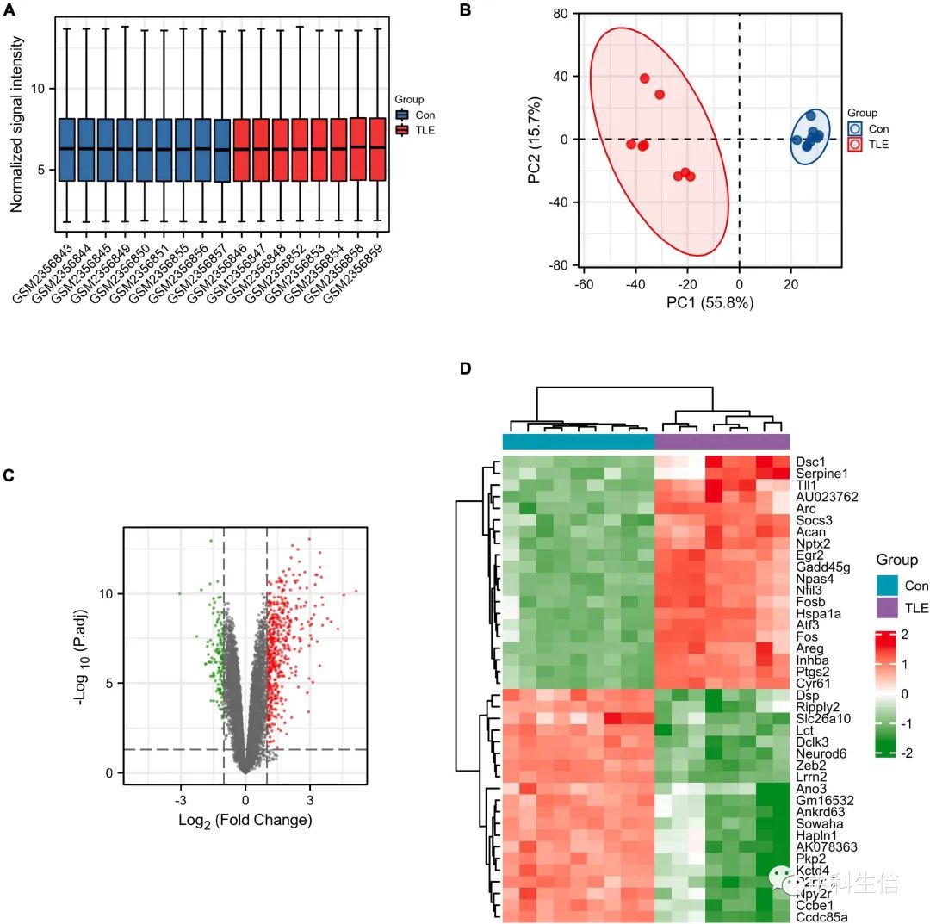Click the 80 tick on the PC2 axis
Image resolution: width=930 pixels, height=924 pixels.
561,14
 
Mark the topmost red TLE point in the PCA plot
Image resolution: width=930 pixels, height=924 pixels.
644,78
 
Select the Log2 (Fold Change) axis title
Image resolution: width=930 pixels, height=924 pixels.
245,820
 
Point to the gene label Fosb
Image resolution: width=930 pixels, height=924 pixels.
812,591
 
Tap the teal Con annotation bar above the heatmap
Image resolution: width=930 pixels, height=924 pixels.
578,441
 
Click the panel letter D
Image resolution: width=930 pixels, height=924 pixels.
466,369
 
